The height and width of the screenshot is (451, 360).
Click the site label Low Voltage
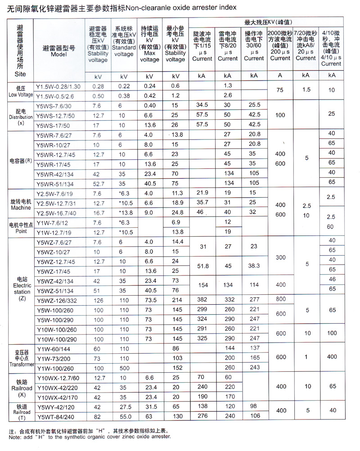coord(21,95)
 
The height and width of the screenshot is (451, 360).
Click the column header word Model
coord(59,54)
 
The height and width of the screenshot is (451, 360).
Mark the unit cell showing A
coord(280,76)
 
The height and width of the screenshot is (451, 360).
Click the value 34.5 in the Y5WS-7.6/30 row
coord(202,105)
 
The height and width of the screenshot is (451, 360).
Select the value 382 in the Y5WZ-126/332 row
coord(202,300)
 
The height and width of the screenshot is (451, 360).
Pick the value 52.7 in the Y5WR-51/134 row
coord(98,184)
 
